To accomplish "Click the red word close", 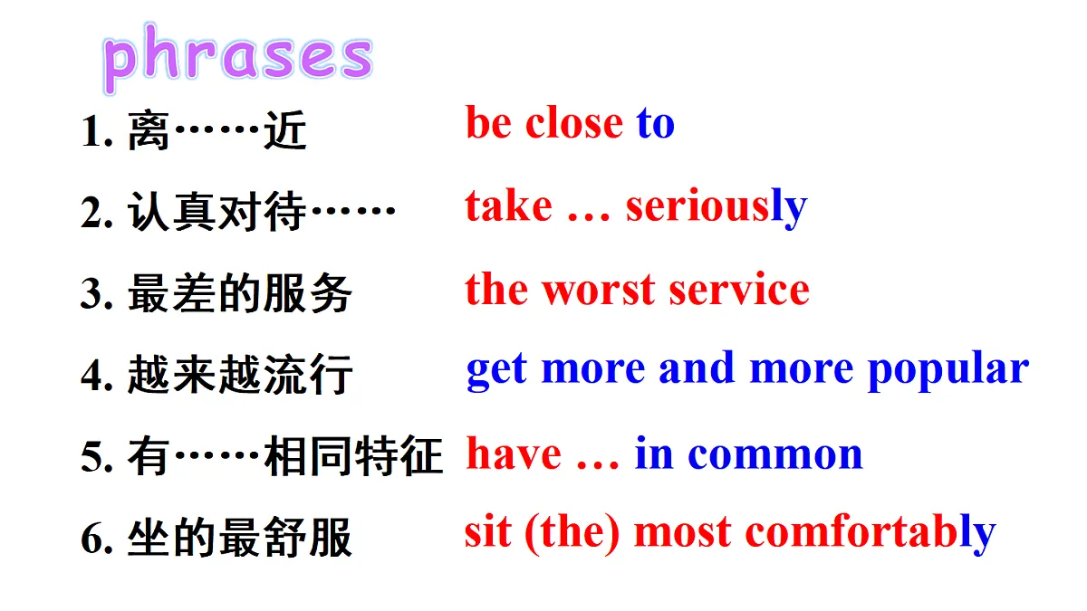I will (574, 123).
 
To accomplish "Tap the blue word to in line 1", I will (655, 123).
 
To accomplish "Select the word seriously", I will (716, 207).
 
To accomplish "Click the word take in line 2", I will (508, 206).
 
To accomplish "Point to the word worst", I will (598, 290).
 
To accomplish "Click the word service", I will (738, 290).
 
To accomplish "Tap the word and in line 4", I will (697, 368).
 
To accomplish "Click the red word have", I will (514, 453).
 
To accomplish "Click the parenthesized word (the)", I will (572, 533).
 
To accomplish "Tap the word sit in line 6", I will (487, 532).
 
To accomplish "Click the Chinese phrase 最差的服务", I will (240, 295).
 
